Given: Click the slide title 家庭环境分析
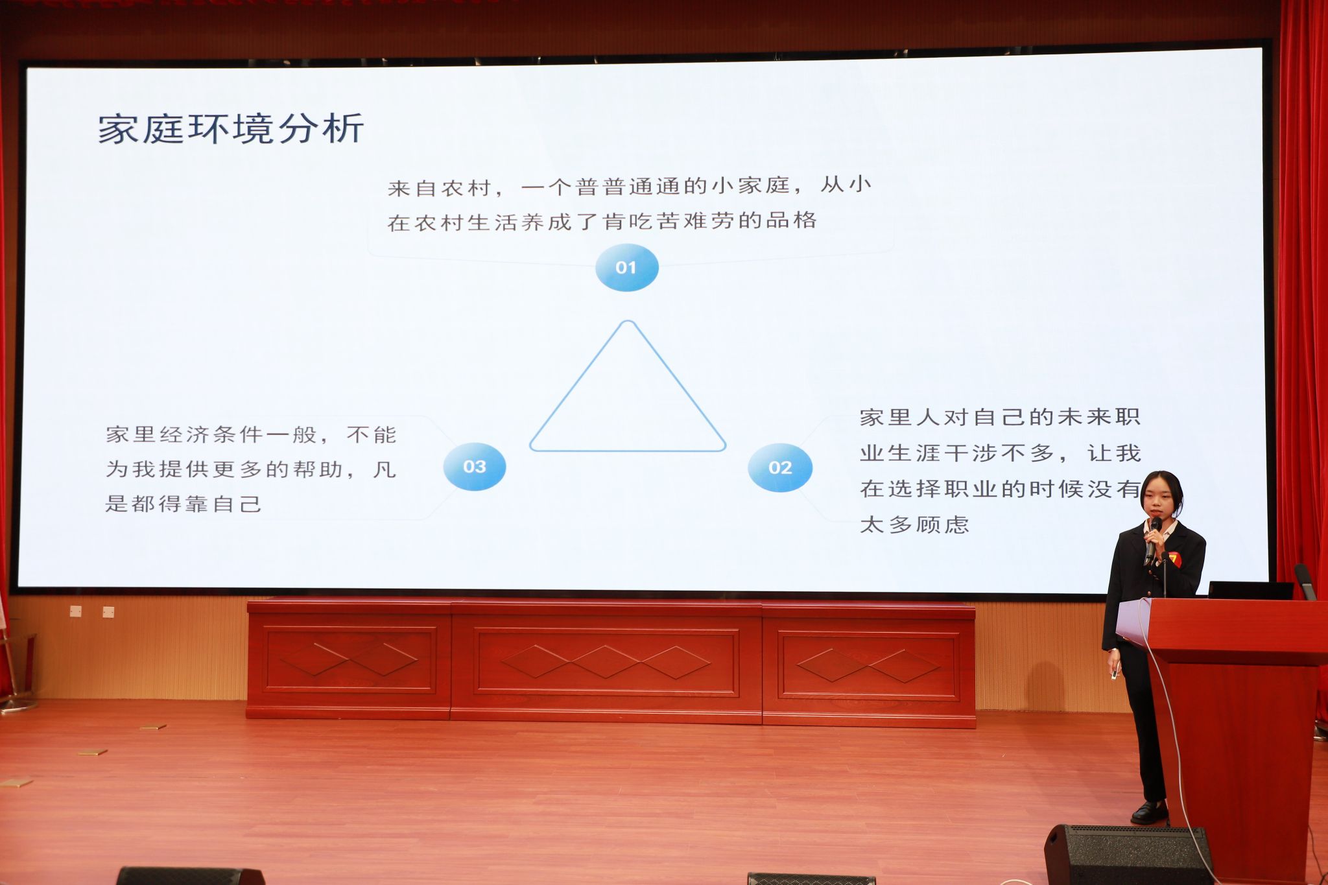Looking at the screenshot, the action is (x=231, y=128).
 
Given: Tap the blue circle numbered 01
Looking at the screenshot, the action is (x=626, y=267).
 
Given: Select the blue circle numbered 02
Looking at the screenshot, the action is (x=779, y=467).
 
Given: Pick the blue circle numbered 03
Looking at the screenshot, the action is (x=474, y=467).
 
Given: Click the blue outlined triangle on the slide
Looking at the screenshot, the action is (x=578, y=386).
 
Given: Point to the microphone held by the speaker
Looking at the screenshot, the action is (x=1152, y=540).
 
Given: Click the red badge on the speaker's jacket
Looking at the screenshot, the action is (x=1172, y=558).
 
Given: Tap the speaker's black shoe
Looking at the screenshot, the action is (x=1149, y=812).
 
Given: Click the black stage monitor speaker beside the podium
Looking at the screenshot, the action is (x=1127, y=855).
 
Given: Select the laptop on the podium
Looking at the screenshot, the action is (x=1250, y=590).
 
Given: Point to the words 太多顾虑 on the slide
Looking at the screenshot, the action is (x=914, y=524).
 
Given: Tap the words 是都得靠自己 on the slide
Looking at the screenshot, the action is (x=184, y=504).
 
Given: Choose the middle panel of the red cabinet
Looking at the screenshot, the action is (x=606, y=662).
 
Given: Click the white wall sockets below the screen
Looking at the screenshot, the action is (x=92, y=611).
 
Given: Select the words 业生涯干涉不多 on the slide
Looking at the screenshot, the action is (x=957, y=453).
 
